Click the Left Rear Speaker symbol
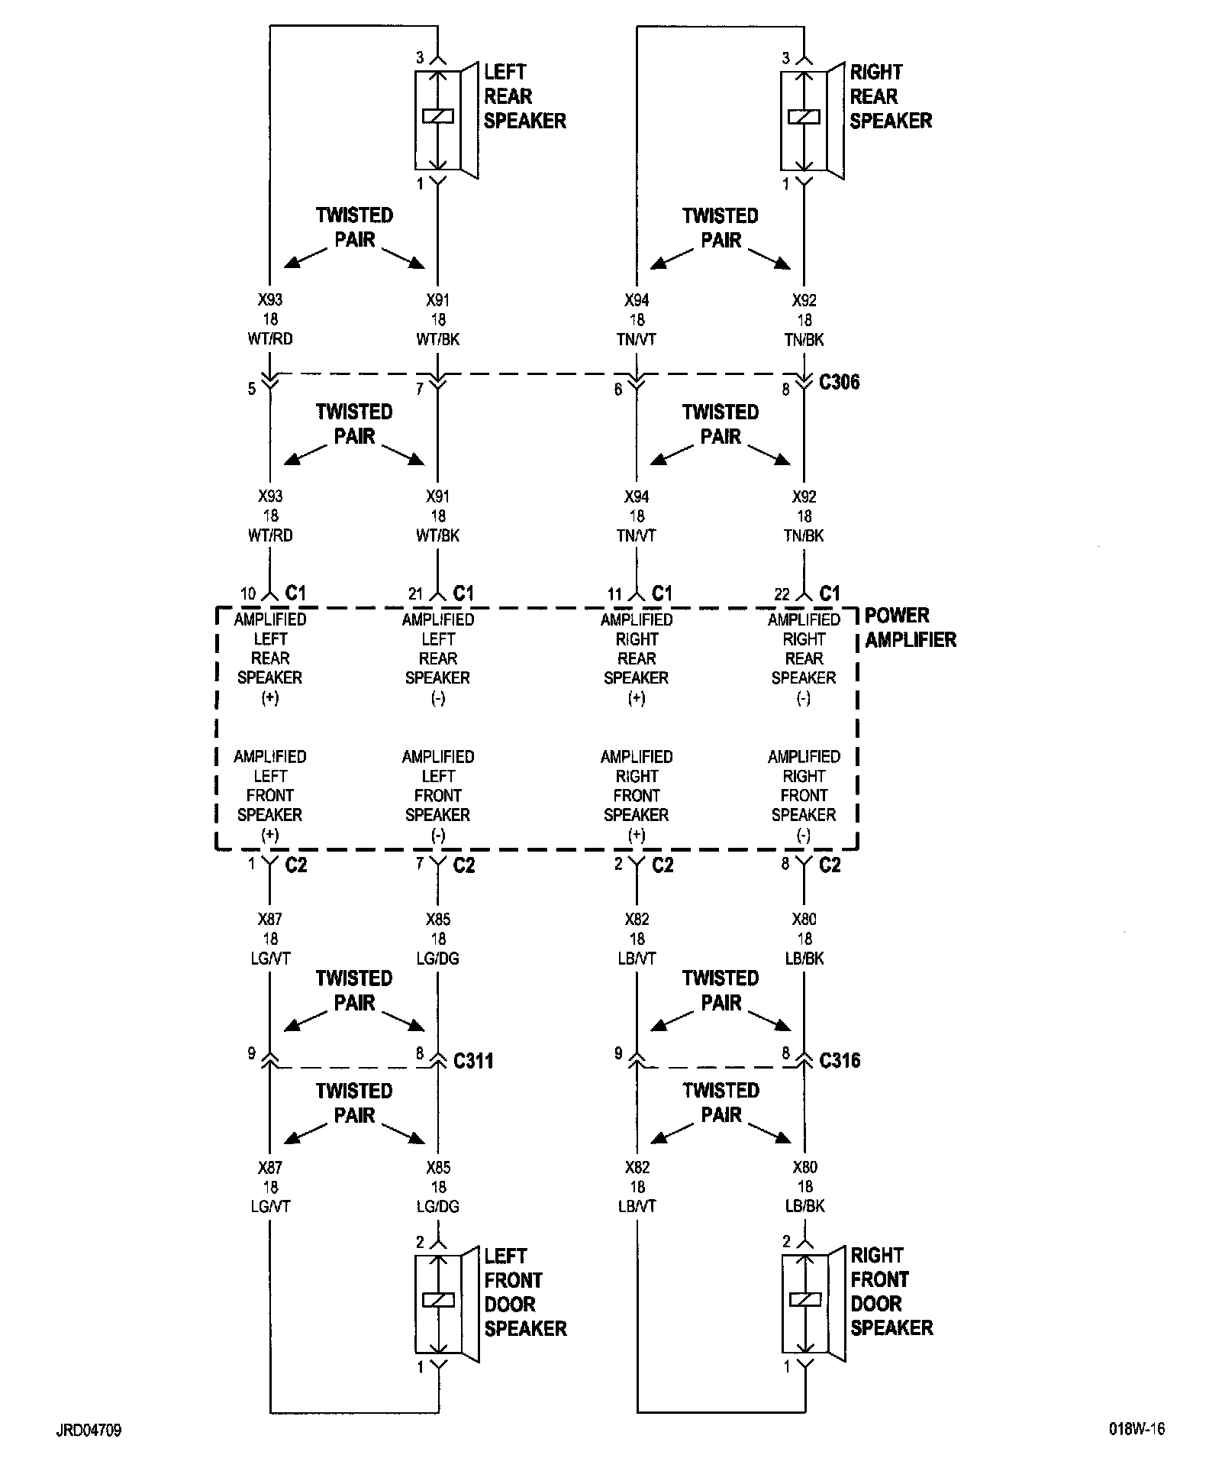point(446,120)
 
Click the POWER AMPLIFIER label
point(910,627)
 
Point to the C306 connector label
point(839,382)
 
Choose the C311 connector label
point(473,1060)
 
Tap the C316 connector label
point(840,1060)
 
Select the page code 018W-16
point(1137,1429)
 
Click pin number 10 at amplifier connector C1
point(248,593)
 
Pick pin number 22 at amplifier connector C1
point(782,593)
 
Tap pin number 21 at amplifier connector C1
point(415,593)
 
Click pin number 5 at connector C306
point(252,390)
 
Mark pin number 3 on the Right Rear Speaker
point(786,58)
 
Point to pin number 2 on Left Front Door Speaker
point(420,1242)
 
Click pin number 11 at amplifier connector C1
point(615,593)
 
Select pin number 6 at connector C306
point(618,390)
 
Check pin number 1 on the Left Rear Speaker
point(420,184)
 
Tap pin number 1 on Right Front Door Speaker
point(786,1366)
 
